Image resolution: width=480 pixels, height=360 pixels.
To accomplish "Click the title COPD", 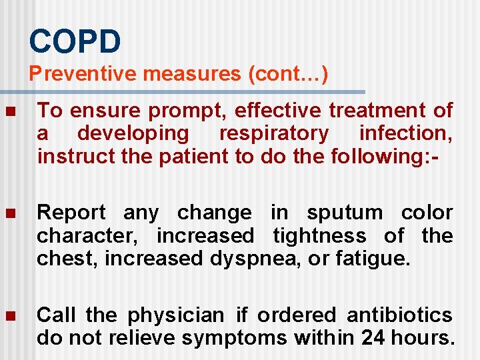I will tap(75, 41).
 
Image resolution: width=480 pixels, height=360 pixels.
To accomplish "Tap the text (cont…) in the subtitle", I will tap(287, 73).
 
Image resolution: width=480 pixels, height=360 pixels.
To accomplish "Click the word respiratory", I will tap(274, 133).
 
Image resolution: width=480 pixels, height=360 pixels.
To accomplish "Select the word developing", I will tap(133, 133).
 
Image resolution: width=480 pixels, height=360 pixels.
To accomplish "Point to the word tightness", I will tap(319, 236).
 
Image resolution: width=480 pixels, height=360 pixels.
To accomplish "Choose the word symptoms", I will tap(234, 338).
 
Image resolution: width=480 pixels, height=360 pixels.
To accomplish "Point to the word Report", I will tap(71, 213).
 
